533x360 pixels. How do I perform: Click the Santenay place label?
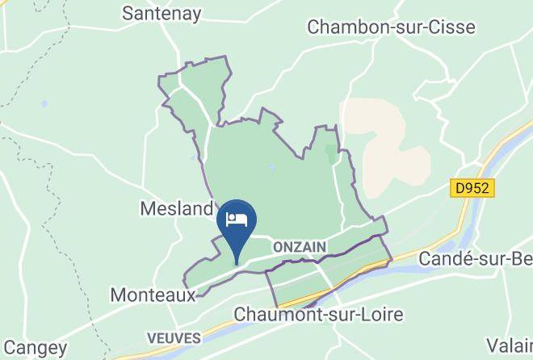point(161,13)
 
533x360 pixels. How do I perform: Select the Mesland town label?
point(175,209)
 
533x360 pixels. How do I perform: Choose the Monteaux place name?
point(153,294)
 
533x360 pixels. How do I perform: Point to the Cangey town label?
point(34,349)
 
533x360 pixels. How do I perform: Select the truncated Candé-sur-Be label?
point(475,259)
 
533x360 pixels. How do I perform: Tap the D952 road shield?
point(472,187)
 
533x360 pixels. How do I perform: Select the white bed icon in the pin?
point(237,219)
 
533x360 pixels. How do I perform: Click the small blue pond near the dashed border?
point(44,105)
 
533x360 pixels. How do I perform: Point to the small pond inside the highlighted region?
point(273,168)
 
